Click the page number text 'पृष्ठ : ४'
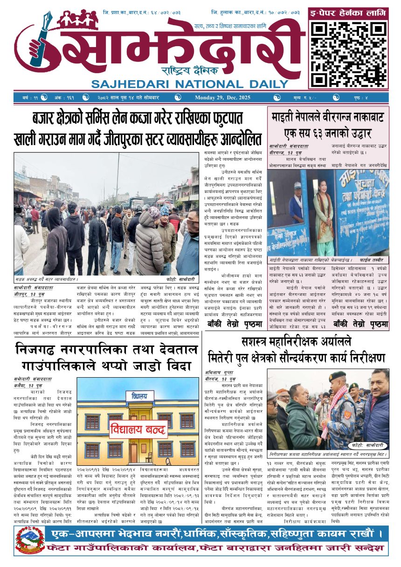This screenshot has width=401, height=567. click(369, 97)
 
